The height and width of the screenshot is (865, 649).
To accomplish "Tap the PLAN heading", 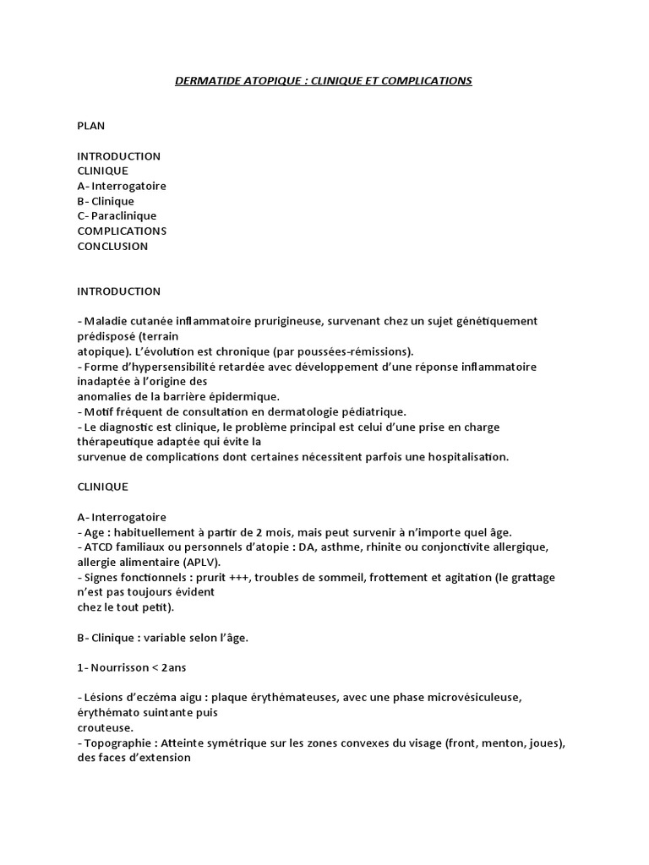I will (91, 125).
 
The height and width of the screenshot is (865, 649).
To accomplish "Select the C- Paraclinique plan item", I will (117, 215).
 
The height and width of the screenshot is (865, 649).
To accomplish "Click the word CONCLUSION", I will (112, 246).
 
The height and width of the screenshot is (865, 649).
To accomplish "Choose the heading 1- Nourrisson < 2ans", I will (132, 667).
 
